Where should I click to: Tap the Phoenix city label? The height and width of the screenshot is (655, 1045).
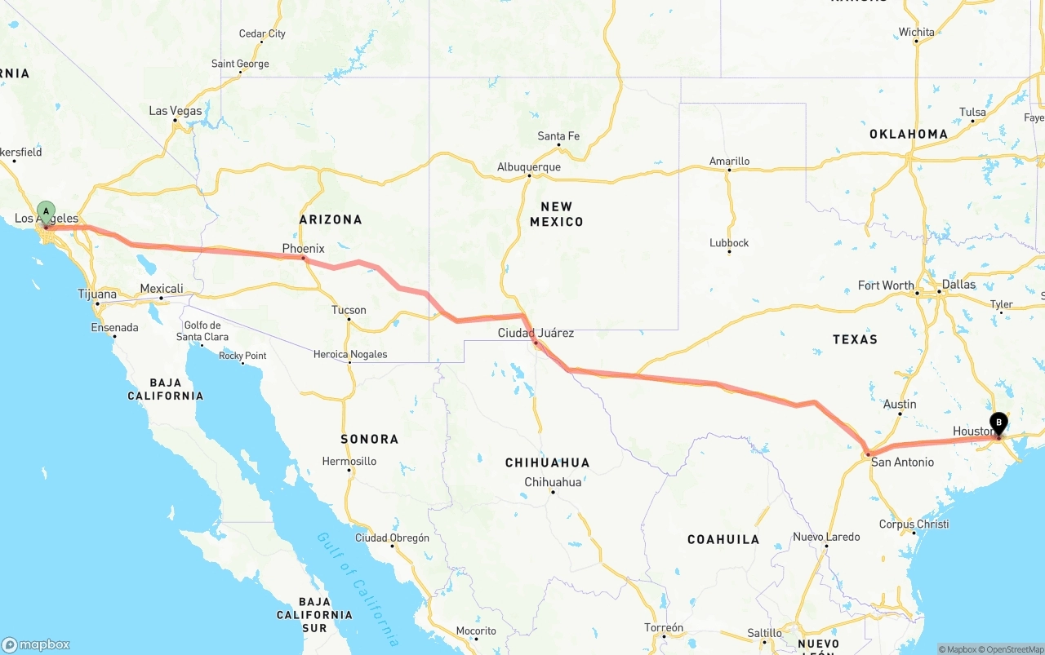304,248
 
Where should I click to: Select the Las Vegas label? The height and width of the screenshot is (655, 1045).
176,111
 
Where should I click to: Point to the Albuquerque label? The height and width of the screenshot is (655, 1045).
529,167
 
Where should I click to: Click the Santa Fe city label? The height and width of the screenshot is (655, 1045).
558,136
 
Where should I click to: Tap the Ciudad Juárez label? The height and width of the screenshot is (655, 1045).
536,333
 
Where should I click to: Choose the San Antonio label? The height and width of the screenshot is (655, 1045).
902,462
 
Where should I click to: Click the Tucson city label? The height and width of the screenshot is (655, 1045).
349,310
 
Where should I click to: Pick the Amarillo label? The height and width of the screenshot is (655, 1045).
729,162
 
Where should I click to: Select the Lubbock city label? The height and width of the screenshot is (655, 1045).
729,243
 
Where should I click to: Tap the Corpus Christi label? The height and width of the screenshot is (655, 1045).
914,524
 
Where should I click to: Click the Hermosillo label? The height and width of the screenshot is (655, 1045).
349,462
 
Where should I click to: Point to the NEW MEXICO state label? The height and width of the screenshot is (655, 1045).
556,214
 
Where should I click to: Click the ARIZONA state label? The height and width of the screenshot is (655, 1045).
331,219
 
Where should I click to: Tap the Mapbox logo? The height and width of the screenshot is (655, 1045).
36,644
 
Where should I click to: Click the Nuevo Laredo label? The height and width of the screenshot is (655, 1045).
826,537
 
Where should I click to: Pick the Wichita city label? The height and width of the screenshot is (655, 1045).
917,33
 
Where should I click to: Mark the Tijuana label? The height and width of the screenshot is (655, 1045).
97,294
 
